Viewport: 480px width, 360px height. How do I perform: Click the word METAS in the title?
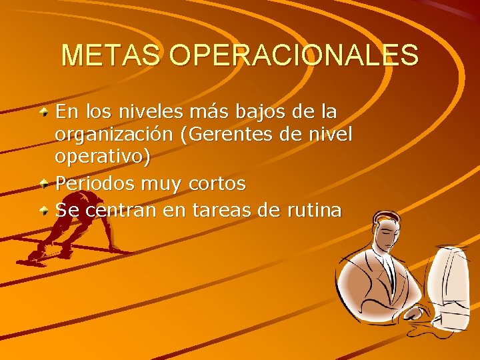pos(111,55)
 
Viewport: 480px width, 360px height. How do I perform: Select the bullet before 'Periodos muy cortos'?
pos(43,181)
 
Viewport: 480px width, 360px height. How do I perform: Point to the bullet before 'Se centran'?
pos(43,211)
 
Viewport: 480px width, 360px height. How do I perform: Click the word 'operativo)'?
pos(103,158)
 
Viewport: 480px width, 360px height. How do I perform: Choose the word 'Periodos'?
pos(93,182)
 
